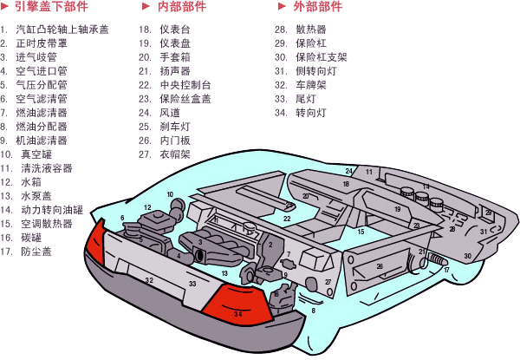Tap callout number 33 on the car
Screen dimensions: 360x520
192,284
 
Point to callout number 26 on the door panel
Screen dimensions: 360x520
379,266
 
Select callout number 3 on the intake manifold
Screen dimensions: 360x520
200,242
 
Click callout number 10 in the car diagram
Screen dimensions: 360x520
170,195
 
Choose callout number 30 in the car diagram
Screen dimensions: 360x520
467,256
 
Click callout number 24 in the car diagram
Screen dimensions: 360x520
349,172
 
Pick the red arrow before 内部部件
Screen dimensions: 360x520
149,7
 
